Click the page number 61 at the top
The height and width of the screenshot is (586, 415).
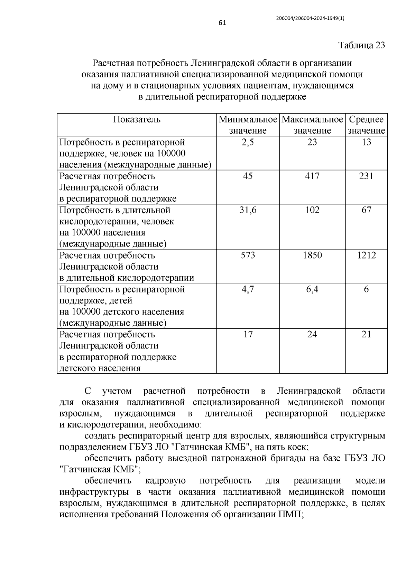point(222,23)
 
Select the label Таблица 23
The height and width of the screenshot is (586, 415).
point(361,46)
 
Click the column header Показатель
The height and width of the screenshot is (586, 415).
point(137,119)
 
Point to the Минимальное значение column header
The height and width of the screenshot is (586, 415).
point(248,125)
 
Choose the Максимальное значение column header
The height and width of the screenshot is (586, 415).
point(312,125)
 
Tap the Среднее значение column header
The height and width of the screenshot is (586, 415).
point(366,125)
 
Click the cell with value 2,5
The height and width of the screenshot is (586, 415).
point(248,142)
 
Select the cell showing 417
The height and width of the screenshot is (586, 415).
point(312,176)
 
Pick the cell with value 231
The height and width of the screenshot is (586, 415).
point(366,176)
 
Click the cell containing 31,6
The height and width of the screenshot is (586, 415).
point(248,210)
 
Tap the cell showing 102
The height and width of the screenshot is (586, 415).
point(312,210)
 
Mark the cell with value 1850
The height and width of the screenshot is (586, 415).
point(312,255)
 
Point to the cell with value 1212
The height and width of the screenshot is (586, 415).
point(366,255)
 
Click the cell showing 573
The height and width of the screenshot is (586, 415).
point(248,255)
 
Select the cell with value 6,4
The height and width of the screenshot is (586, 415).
point(312,289)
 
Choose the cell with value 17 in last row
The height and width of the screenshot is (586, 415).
point(248,334)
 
